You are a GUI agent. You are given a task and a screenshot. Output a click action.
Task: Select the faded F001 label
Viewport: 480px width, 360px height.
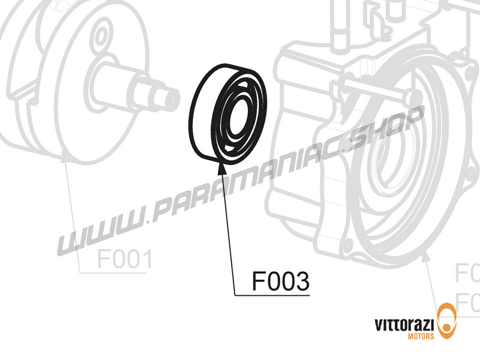[124, 260]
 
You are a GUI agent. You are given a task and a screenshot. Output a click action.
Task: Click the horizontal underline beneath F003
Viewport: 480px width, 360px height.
[273, 295]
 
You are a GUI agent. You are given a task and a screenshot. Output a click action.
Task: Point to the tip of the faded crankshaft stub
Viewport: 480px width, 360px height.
[175, 95]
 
